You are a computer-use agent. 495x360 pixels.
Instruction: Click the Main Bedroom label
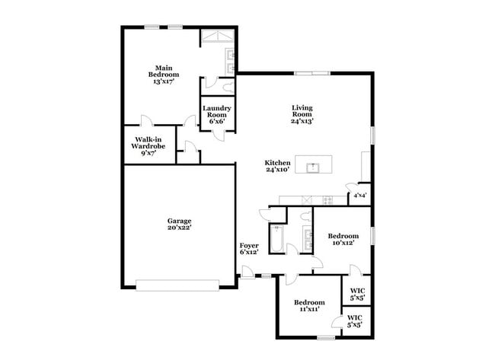point(164,71)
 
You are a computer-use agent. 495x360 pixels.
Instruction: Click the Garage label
point(180,221)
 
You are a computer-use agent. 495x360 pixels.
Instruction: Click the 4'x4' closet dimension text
point(358,196)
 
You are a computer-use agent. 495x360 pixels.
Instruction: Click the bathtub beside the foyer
point(276,237)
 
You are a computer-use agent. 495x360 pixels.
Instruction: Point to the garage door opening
point(176,285)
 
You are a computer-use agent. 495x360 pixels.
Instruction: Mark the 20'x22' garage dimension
point(180,226)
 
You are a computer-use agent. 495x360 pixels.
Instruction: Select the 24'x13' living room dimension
point(302,120)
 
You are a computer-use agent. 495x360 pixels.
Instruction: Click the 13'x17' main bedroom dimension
point(164,81)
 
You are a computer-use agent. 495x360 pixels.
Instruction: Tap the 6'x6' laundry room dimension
point(216,122)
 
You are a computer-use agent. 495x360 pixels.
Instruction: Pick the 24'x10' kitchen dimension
point(277,170)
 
